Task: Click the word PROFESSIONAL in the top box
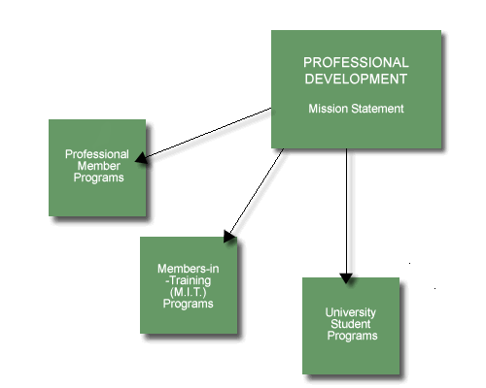[356, 62]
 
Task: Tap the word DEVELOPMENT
[356, 79]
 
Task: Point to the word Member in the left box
[98, 166]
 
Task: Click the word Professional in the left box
[97, 154]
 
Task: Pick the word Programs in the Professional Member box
[98, 178]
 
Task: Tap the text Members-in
[189, 269]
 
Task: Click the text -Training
[188, 280]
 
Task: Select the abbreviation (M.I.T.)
[188, 292]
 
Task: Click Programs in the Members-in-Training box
[188, 304]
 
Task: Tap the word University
[351, 312]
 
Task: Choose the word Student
[351, 324]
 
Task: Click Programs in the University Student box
[352, 336]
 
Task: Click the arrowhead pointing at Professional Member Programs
[141, 157]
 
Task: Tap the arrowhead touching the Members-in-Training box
[229, 237]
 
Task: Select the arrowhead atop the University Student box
[346, 278]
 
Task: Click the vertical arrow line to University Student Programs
[346, 211]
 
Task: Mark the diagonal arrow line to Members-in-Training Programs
[257, 190]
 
